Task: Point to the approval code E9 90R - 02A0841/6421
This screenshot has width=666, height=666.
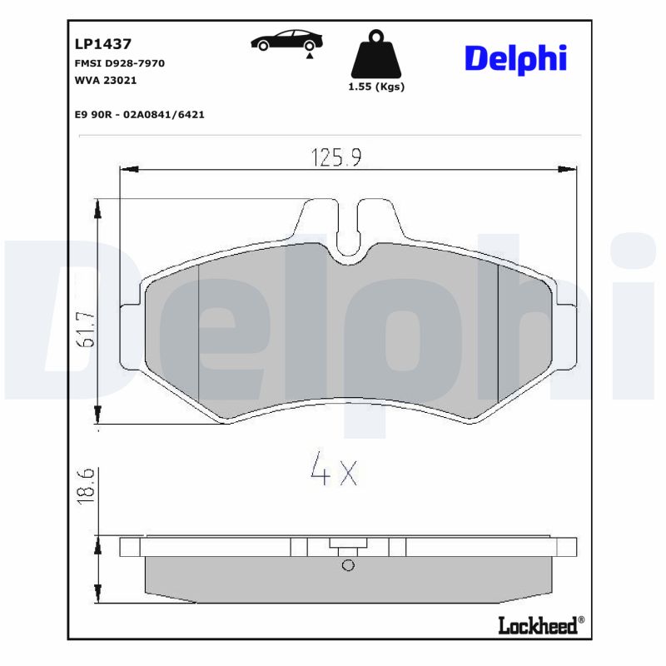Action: click(139, 114)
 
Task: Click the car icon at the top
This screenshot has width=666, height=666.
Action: click(288, 42)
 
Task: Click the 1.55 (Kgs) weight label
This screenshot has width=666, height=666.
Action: click(376, 87)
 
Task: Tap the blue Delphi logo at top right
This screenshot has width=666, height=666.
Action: click(514, 57)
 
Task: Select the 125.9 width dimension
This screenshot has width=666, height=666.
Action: click(335, 157)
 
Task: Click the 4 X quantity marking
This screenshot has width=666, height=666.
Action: click(333, 472)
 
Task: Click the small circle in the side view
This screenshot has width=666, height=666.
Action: click(348, 566)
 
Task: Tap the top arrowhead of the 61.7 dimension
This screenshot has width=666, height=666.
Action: click(99, 207)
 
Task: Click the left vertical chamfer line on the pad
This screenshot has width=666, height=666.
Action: click(199, 333)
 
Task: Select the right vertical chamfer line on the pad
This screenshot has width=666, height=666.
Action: click(497, 333)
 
